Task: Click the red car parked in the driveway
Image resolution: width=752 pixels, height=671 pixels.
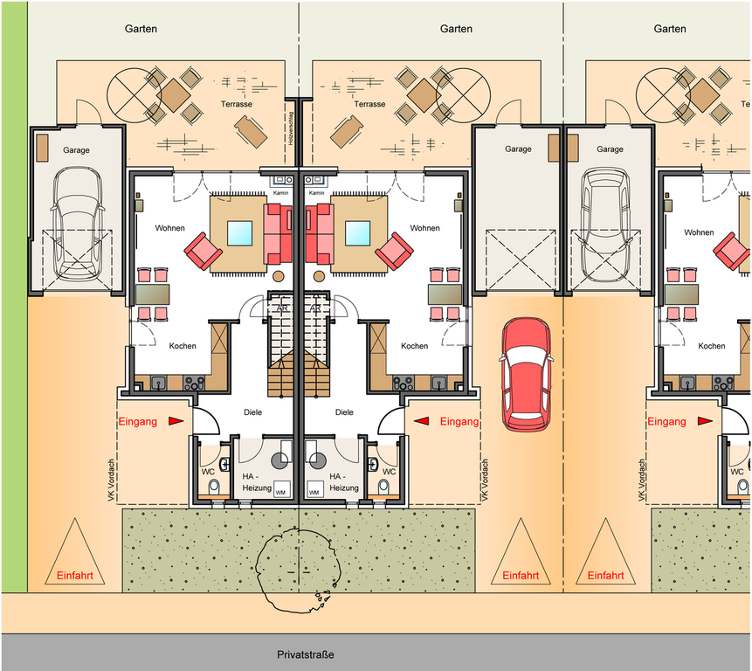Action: pos(526,374)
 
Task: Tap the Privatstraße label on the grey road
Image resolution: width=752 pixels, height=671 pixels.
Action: pos(306,654)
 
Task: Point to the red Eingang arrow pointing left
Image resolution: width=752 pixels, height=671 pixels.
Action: pos(422,421)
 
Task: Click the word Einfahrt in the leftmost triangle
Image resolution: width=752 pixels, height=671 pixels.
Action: pos(75,576)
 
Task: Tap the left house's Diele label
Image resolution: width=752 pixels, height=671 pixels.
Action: pos(252,412)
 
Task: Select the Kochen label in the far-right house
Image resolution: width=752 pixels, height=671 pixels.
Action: pos(712,346)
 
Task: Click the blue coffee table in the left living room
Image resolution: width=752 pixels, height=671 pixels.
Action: pos(240,233)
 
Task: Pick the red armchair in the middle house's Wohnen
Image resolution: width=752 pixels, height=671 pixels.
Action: pos(394,251)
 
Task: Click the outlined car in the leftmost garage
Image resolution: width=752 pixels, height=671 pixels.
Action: pos(78,225)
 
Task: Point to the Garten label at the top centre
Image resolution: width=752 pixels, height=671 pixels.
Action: pos(456,29)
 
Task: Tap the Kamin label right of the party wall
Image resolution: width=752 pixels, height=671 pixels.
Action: pos(316,193)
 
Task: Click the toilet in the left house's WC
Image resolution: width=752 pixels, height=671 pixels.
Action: pos(214,487)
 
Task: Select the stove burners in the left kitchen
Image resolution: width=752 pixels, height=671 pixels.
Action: pos(194,383)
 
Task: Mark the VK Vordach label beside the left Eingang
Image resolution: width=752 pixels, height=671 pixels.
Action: pos(111,481)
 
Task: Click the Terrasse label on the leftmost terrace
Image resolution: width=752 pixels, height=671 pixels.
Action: pos(237,104)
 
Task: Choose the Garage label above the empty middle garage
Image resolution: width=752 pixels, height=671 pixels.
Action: pos(518,149)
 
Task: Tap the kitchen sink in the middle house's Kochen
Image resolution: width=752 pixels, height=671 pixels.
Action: pos(438,383)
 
